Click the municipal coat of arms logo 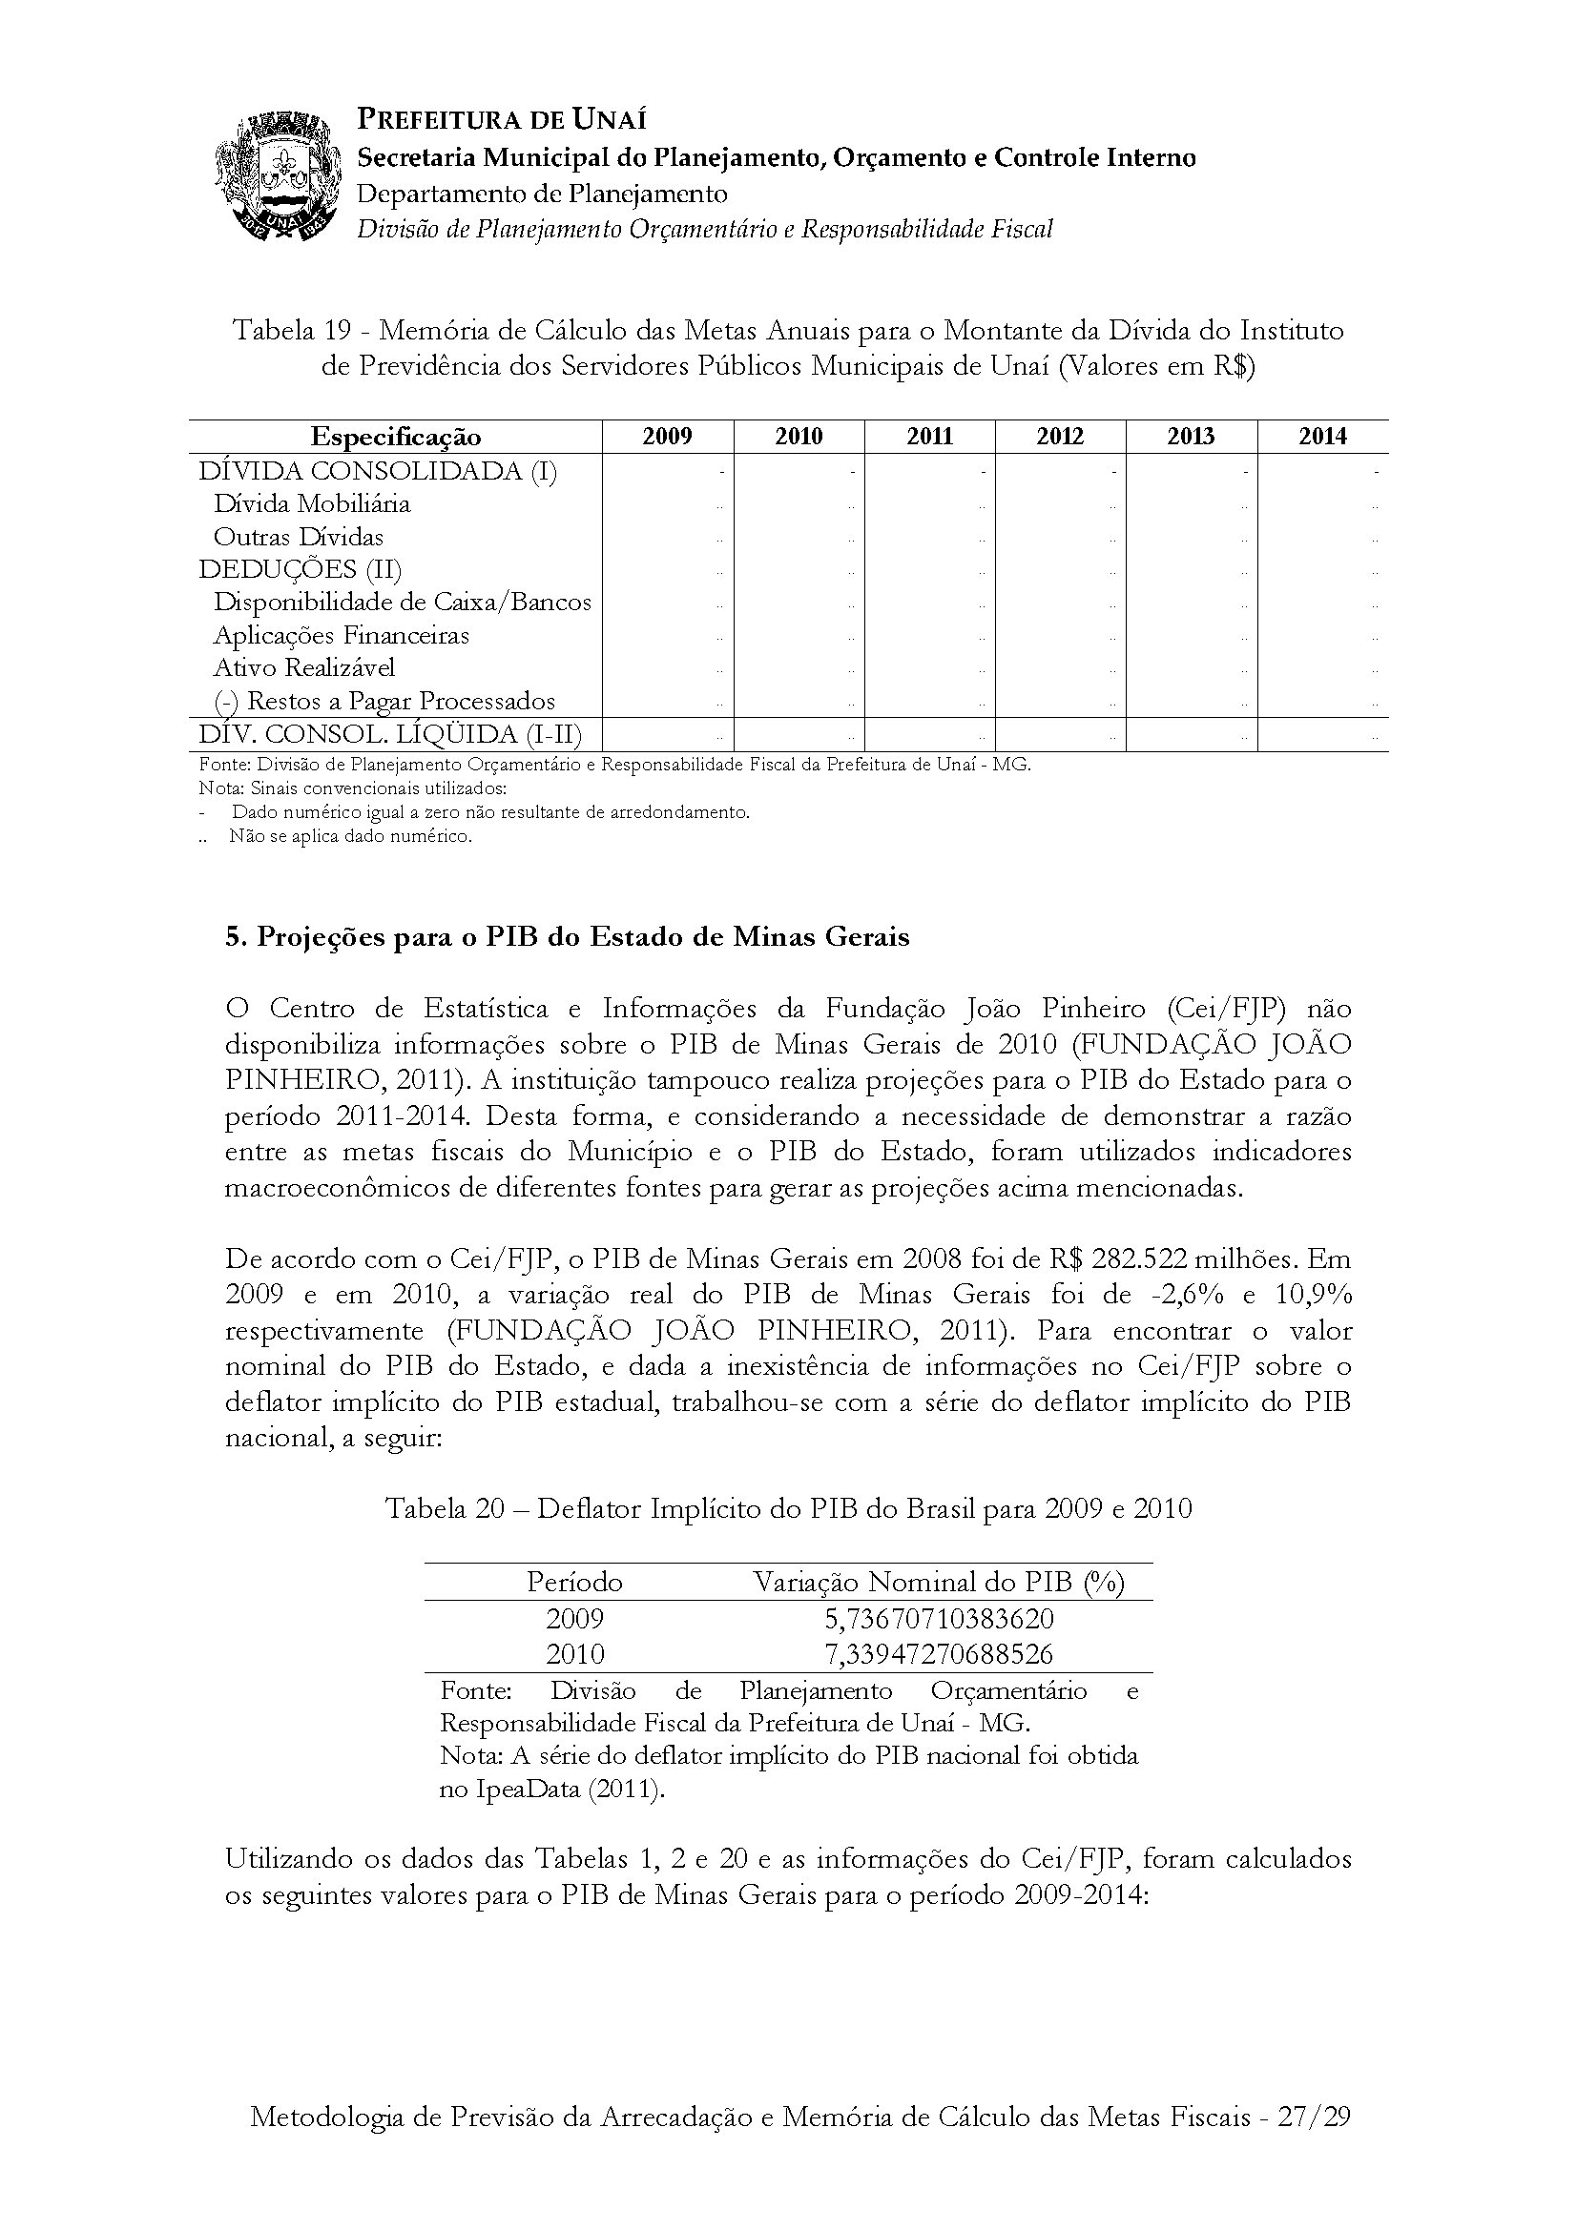coord(278,175)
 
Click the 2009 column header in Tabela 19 coord(668,436)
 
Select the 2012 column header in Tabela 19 coord(1060,436)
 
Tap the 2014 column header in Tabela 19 coord(1322,436)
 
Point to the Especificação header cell coord(396,437)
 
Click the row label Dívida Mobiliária coord(312,503)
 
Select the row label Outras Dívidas coord(299,536)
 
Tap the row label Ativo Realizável coord(304,667)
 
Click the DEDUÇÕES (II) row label coord(301,568)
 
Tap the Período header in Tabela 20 coord(574,1583)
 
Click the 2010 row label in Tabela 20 coord(574,1653)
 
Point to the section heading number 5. coord(233,936)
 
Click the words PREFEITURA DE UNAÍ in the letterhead coord(502,120)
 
